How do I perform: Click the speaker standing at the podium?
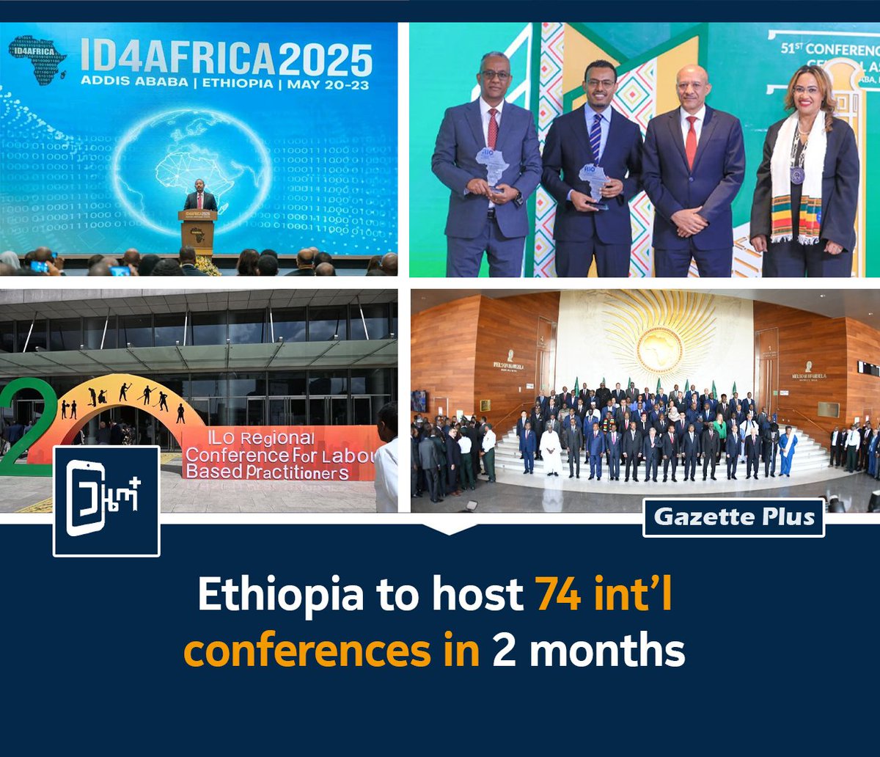tap(199, 200)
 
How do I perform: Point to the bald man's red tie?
tap(691, 139)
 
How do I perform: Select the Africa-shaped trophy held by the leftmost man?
tap(491, 167)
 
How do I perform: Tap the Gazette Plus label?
tap(733, 517)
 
